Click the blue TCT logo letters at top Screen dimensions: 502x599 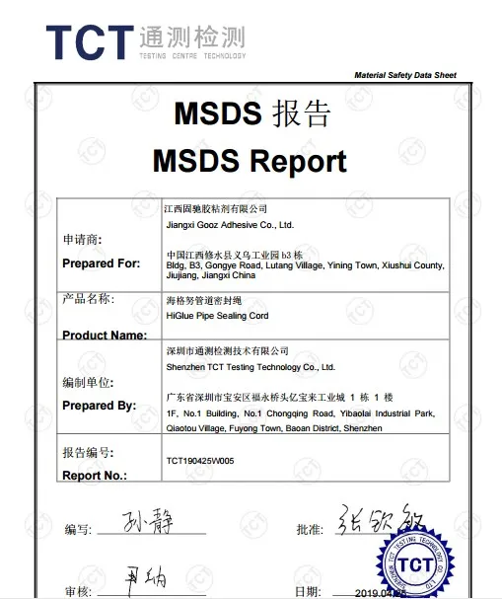tap(89, 40)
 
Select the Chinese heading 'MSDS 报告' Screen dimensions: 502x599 tap(251, 114)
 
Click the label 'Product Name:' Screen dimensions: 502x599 tap(105, 336)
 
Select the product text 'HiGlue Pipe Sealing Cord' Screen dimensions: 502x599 tap(218, 316)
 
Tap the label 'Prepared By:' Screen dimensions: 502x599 tap(100, 406)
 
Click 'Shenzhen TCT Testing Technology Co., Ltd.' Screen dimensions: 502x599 tap(251, 367)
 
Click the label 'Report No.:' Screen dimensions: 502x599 tap(95, 475)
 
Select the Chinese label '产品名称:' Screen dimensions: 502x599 tap(88, 299)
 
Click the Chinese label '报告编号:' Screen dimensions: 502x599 tap(88, 453)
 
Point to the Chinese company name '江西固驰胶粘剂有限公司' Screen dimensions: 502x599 tap(215, 209)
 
